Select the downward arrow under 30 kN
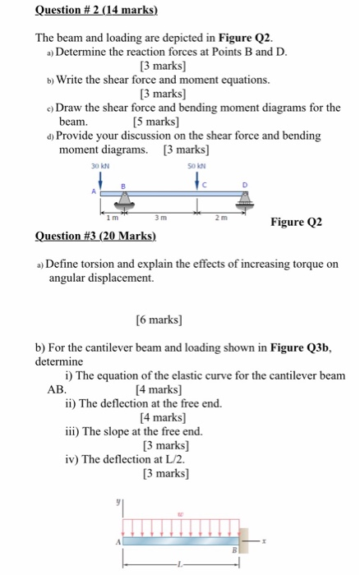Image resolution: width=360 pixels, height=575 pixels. (99, 180)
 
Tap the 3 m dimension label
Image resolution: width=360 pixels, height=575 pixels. (163, 218)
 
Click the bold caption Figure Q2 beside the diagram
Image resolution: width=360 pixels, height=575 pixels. (296, 223)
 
